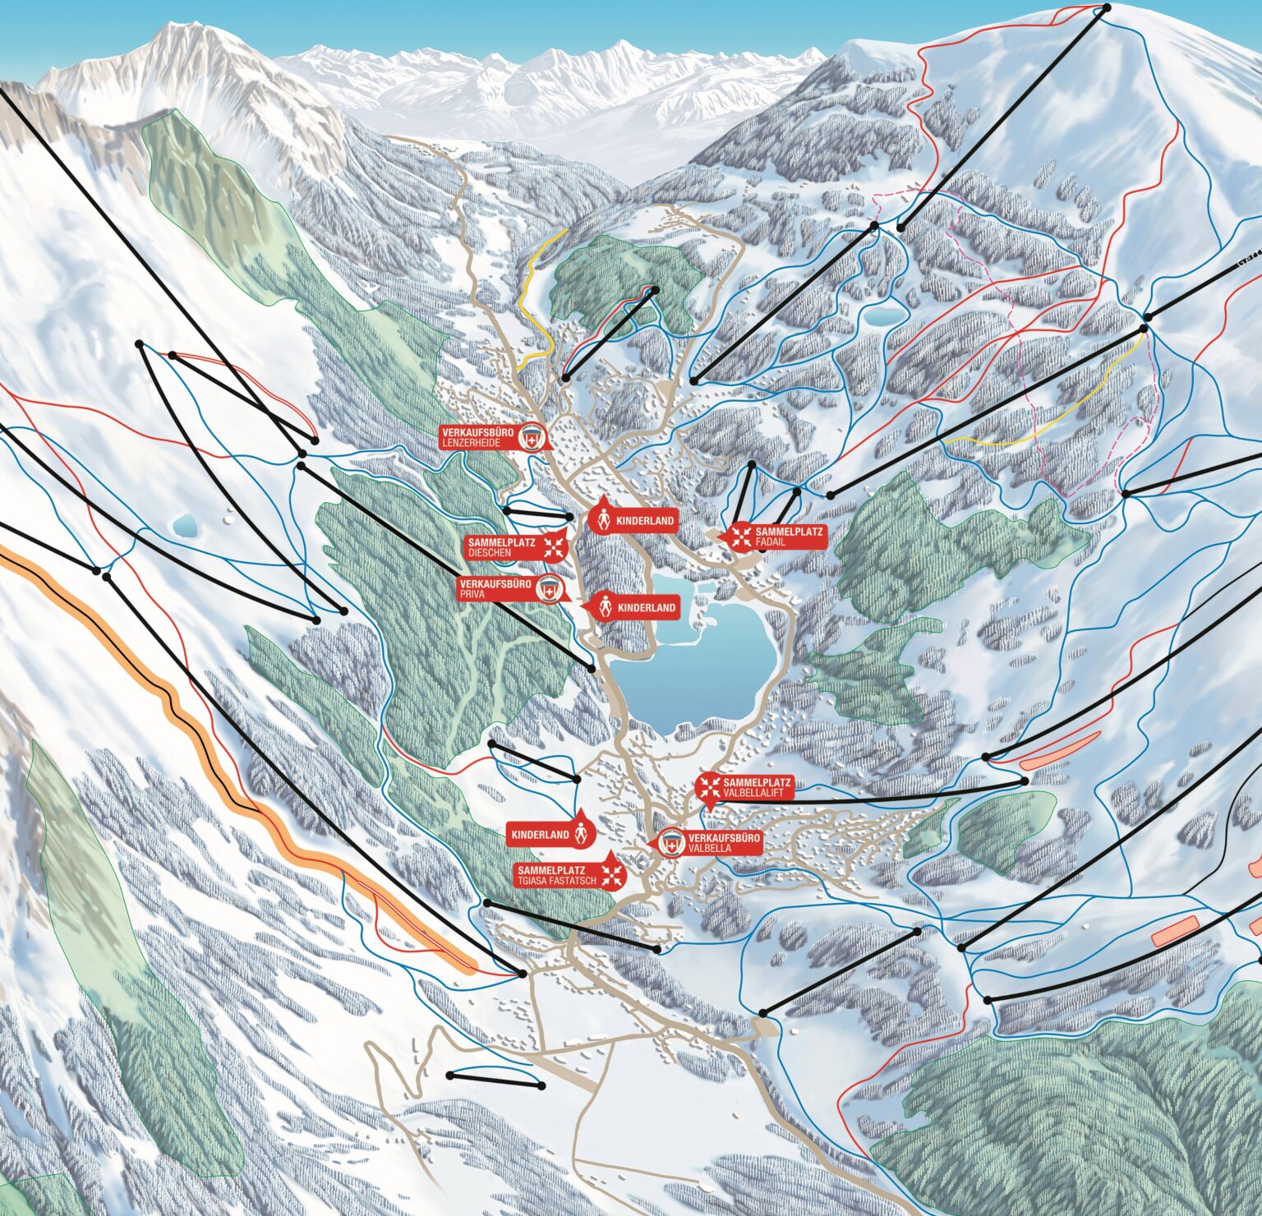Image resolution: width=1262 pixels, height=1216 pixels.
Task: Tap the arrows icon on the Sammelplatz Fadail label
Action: coord(741,537)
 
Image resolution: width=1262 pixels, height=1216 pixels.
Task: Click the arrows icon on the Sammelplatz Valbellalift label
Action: coord(708,787)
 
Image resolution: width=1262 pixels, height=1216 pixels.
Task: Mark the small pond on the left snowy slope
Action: coord(185,523)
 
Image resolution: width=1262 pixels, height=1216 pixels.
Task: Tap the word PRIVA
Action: coord(476,594)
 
